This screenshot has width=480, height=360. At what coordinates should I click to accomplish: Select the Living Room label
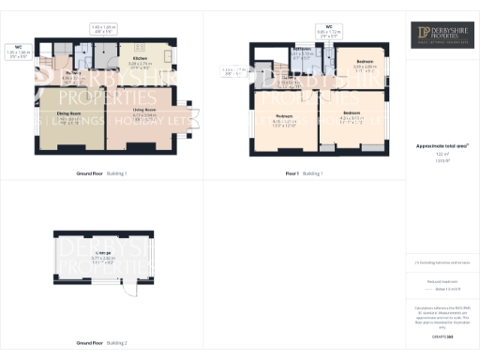tap(143, 112)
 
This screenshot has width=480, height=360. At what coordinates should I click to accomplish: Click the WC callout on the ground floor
tap(19, 48)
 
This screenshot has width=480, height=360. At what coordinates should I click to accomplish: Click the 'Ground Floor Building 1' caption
tap(101, 173)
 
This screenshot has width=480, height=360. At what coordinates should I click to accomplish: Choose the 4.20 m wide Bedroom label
tap(352, 115)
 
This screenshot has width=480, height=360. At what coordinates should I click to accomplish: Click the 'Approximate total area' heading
tap(442, 145)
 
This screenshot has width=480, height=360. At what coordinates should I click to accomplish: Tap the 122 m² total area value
tap(442, 154)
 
